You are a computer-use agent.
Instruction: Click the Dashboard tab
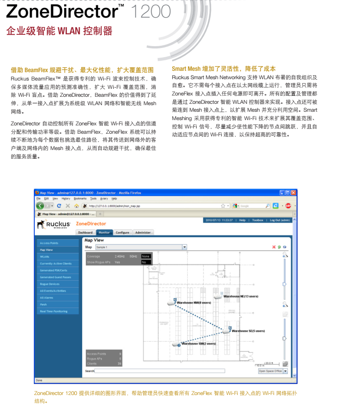click(85, 233)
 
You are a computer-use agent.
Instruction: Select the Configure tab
click(123, 233)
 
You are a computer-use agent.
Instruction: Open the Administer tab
click(143, 233)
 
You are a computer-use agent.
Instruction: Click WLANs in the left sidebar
click(45, 256)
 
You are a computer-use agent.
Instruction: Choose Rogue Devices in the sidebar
click(50, 284)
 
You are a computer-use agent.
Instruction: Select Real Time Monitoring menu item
click(54, 311)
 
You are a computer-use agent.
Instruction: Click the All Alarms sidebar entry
click(47, 298)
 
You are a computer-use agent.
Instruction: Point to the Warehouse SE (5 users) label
click(248, 331)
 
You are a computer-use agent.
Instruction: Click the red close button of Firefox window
click(293, 193)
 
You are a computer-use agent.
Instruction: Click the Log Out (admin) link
click(280, 220)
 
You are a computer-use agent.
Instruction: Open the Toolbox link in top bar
click(258, 220)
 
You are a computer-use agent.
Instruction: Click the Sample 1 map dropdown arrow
click(185, 247)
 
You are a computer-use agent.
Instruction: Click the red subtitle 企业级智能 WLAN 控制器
click(59, 31)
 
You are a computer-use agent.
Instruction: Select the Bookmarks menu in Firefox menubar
click(80, 199)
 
